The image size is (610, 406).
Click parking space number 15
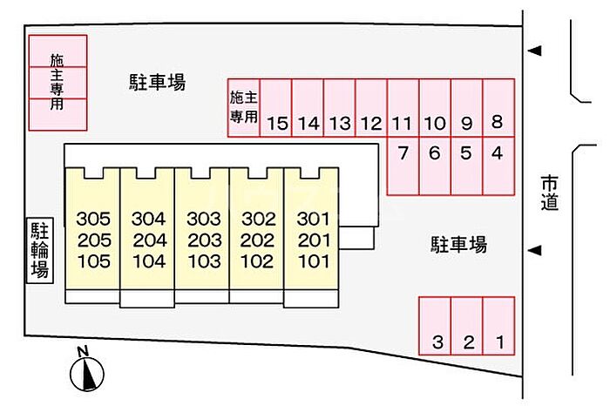point(276,108)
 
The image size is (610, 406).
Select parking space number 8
point(498,108)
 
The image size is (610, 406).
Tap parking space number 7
point(403,166)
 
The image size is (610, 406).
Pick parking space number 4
point(498,166)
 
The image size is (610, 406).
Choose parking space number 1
point(498,326)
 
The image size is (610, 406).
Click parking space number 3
point(435,326)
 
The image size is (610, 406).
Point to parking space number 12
point(371,108)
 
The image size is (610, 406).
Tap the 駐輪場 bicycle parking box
point(40,250)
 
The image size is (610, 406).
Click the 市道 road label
point(549,193)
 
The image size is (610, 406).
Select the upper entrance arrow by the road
point(534,51)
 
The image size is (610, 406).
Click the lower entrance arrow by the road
point(534,250)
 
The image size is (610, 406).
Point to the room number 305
point(93,219)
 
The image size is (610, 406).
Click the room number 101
point(314,261)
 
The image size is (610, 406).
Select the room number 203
point(204,240)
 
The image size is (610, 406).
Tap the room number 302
point(259,219)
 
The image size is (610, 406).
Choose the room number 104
point(149,261)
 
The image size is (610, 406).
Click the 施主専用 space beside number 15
point(244,108)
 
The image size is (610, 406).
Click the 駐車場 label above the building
point(157,82)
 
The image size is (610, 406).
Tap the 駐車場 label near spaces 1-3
point(458,245)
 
